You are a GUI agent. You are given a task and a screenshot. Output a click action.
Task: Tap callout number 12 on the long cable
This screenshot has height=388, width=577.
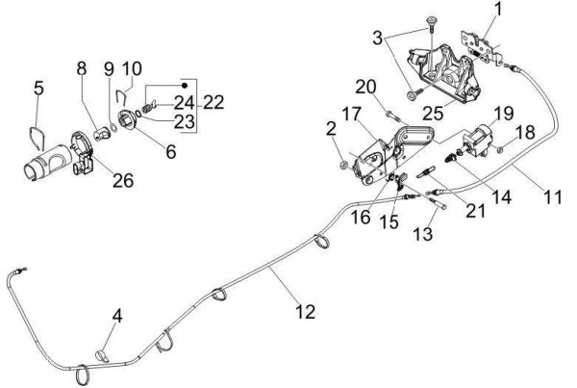[x=305, y=311]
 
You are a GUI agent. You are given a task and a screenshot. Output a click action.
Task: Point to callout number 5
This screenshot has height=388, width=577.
[x=38, y=88]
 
